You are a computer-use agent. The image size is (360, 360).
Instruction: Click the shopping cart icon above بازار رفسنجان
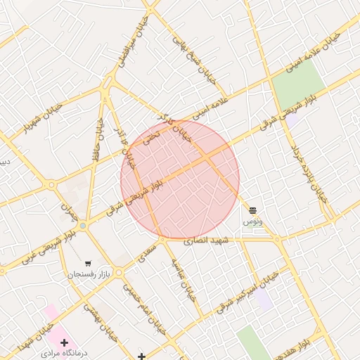tap(87, 263)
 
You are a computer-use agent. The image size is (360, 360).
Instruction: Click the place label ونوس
tap(252, 221)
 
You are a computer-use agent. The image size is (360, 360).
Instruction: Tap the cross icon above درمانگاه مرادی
tap(64, 342)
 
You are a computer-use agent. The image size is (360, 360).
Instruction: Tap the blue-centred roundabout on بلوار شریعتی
tap(83, 225)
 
